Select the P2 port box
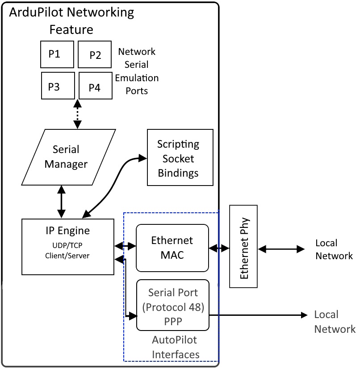coord(95,55)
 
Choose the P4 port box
coord(95,87)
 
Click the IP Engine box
coord(68,247)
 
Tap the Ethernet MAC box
coord(172,248)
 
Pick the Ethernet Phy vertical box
coord(243,247)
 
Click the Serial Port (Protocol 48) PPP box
coord(172,305)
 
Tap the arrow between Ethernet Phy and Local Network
coord(281,249)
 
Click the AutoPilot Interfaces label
coord(175,347)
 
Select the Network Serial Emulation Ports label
coord(138,71)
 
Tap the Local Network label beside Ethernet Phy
coord(334,249)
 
